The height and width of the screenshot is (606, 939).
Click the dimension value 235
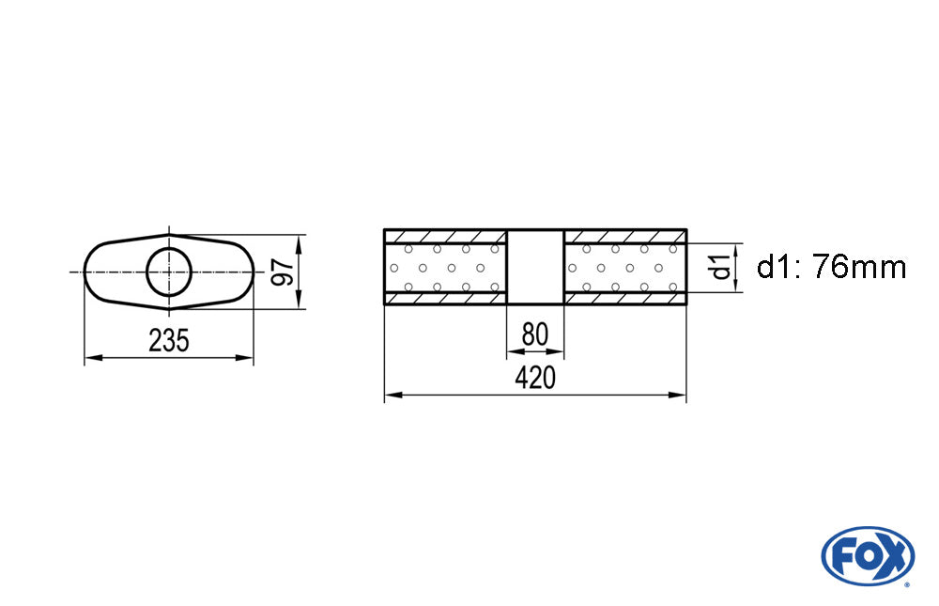click(x=169, y=340)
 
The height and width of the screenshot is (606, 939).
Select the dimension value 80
click(x=535, y=334)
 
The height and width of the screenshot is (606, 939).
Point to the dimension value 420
click(x=535, y=378)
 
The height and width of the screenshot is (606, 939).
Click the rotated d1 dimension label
click(x=720, y=267)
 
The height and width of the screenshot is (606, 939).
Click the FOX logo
click(x=868, y=556)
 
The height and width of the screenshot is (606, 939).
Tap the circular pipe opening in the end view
click(x=169, y=272)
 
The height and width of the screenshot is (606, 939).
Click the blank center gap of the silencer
click(x=535, y=268)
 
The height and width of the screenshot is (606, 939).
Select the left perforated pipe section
click(x=445, y=268)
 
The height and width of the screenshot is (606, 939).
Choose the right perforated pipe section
click(x=624, y=268)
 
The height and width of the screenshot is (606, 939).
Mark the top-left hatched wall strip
click(x=445, y=236)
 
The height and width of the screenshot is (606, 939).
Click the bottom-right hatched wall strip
click(x=624, y=299)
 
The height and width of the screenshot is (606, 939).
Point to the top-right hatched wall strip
click(x=624, y=236)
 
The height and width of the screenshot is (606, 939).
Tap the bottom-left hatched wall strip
click(x=445, y=299)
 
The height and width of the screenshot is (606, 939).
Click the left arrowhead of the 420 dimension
click(x=393, y=395)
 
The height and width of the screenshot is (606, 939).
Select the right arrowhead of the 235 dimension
click(x=245, y=358)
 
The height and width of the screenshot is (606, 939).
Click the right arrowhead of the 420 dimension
click(x=677, y=395)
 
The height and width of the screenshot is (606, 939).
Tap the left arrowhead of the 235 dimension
click(x=93, y=358)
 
